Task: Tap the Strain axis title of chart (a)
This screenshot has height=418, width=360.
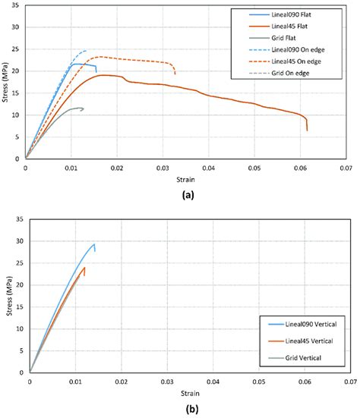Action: pyautogui.click(x=185, y=177)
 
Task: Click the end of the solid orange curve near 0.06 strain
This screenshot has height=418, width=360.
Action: pyautogui.click(x=307, y=130)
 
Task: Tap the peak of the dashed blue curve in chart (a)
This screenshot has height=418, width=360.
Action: pyautogui.click(x=84, y=51)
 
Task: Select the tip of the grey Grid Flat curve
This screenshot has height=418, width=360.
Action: pyautogui.click(x=83, y=108)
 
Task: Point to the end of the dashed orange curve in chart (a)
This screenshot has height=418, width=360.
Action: pyautogui.click(x=175, y=74)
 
